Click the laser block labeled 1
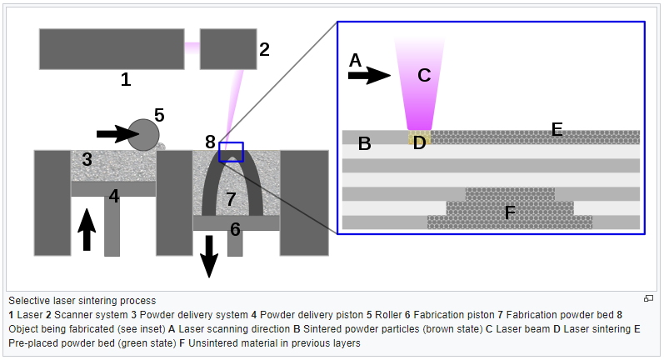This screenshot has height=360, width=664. point(111,49)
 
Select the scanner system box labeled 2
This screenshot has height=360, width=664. point(227,49)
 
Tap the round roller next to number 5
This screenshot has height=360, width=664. point(143,134)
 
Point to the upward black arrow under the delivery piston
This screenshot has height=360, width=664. point(87,229)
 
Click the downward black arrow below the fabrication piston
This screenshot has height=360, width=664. point(209,256)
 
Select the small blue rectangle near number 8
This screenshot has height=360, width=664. point(231,152)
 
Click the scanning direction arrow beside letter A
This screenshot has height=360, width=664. point(367,76)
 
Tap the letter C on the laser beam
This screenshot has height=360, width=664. point(423,76)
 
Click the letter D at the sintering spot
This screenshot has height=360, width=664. point(419,142)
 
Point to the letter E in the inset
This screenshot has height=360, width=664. point(557,129)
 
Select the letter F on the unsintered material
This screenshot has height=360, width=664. point(510,213)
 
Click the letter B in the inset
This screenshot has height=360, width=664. point(364,143)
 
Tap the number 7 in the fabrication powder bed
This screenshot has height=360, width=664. point(232,199)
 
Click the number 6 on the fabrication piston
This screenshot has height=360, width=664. point(235,229)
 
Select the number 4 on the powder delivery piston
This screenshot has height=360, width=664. point(114,197)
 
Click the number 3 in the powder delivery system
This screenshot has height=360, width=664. point(87,158)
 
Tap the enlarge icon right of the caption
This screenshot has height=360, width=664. point(648,298)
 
